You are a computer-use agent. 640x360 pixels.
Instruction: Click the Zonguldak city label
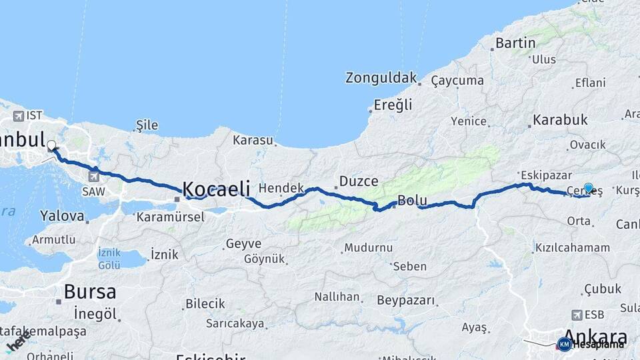[x=381, y=78]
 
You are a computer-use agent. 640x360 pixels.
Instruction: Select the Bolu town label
[x=412, y=200]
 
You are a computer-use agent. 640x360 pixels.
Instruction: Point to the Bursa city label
[x=90, y=291]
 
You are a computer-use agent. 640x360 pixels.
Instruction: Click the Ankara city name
[x=595, y=336]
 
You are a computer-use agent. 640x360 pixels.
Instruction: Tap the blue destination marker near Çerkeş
[x=589, y=189]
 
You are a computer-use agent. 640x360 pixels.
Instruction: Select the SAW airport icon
[x=93, y=177]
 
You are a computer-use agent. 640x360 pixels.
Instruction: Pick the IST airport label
[x=34, y=115]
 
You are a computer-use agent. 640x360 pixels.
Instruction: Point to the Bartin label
[x=515, y=43]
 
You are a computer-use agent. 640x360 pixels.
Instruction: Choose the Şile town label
[x=147, y=125]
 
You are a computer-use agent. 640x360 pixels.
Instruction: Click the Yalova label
[x=62, y=216]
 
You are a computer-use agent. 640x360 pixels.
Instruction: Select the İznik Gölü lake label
[x=109, y=259]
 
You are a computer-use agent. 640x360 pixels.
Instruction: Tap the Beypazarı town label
[x=405, y=301]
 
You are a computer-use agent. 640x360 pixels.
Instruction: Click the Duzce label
[x=359, y=181]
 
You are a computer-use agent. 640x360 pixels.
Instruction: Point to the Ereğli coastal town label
[x=393, y=105]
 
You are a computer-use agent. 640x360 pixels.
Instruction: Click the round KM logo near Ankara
[x=564, y=344]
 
